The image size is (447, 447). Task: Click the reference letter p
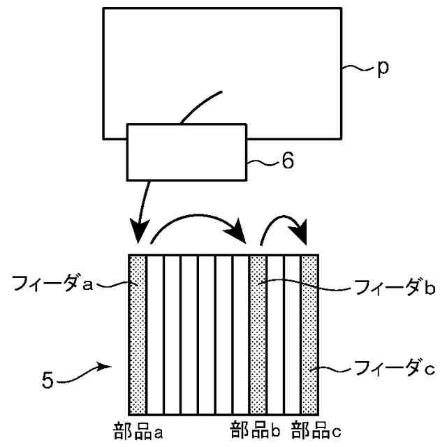point(383,70)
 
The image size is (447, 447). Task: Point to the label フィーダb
point(386,287)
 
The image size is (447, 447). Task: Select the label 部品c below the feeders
point(316,427)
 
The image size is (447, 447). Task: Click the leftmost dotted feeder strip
point(138,335)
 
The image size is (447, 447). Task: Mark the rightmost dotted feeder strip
point(309,335)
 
